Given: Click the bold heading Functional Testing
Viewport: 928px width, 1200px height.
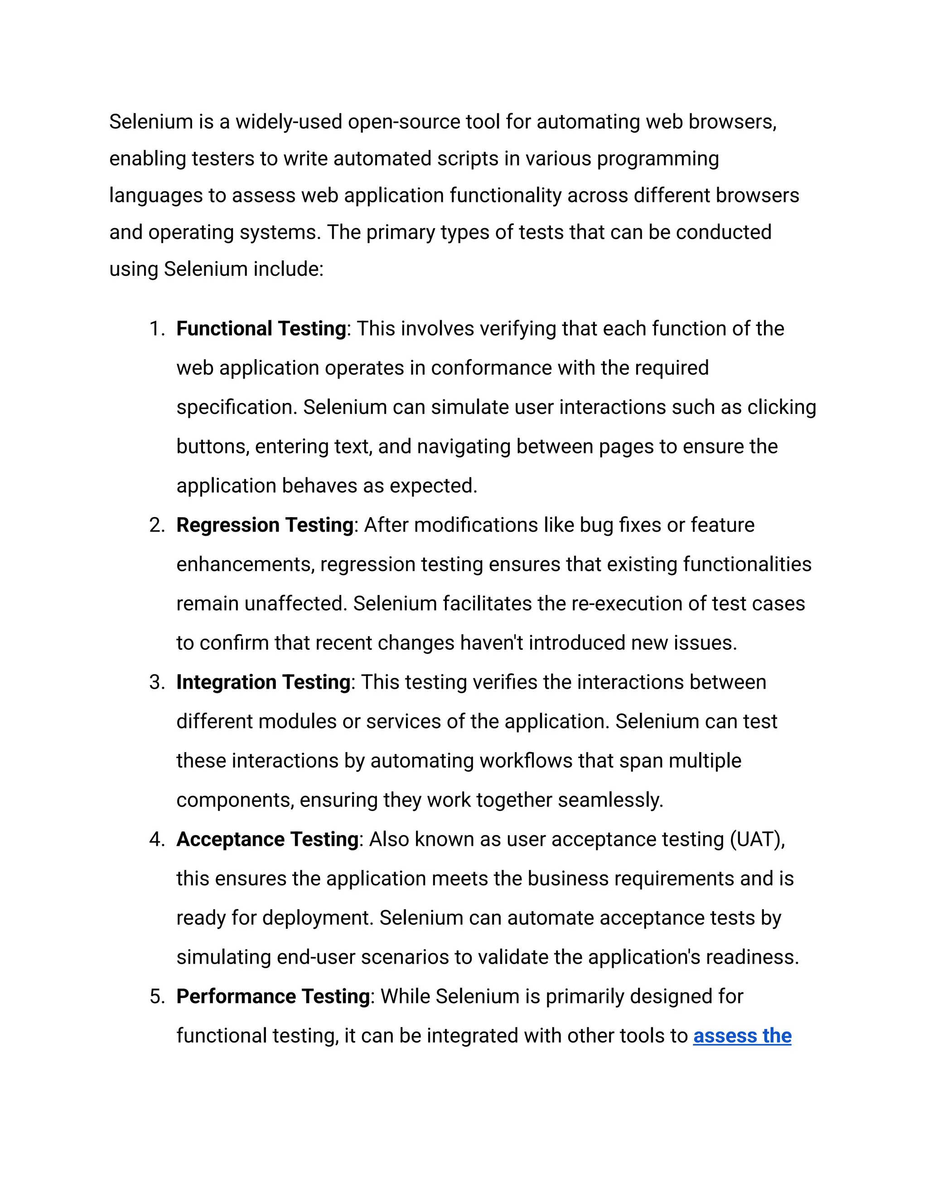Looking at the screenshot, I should pos(261,329).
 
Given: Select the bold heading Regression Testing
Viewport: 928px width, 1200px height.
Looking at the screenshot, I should pos(265,525).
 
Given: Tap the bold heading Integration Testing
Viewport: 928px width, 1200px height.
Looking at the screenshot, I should pos(263,682).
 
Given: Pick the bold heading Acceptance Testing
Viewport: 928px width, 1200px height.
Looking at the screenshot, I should pos(267,840).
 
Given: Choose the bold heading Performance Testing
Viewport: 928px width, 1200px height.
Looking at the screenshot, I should pos(273,997).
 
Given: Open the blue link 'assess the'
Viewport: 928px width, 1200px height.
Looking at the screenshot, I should pos(742,1036).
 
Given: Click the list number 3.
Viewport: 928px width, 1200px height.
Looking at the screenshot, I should pos(156,682).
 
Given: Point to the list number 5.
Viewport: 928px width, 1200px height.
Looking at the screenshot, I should pos(156,997).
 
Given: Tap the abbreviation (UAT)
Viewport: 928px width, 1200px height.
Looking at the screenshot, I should pos(757,840).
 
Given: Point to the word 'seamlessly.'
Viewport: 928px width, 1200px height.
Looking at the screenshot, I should pos(610,800).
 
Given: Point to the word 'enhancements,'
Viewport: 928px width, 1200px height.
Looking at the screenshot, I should pos(245,565).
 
